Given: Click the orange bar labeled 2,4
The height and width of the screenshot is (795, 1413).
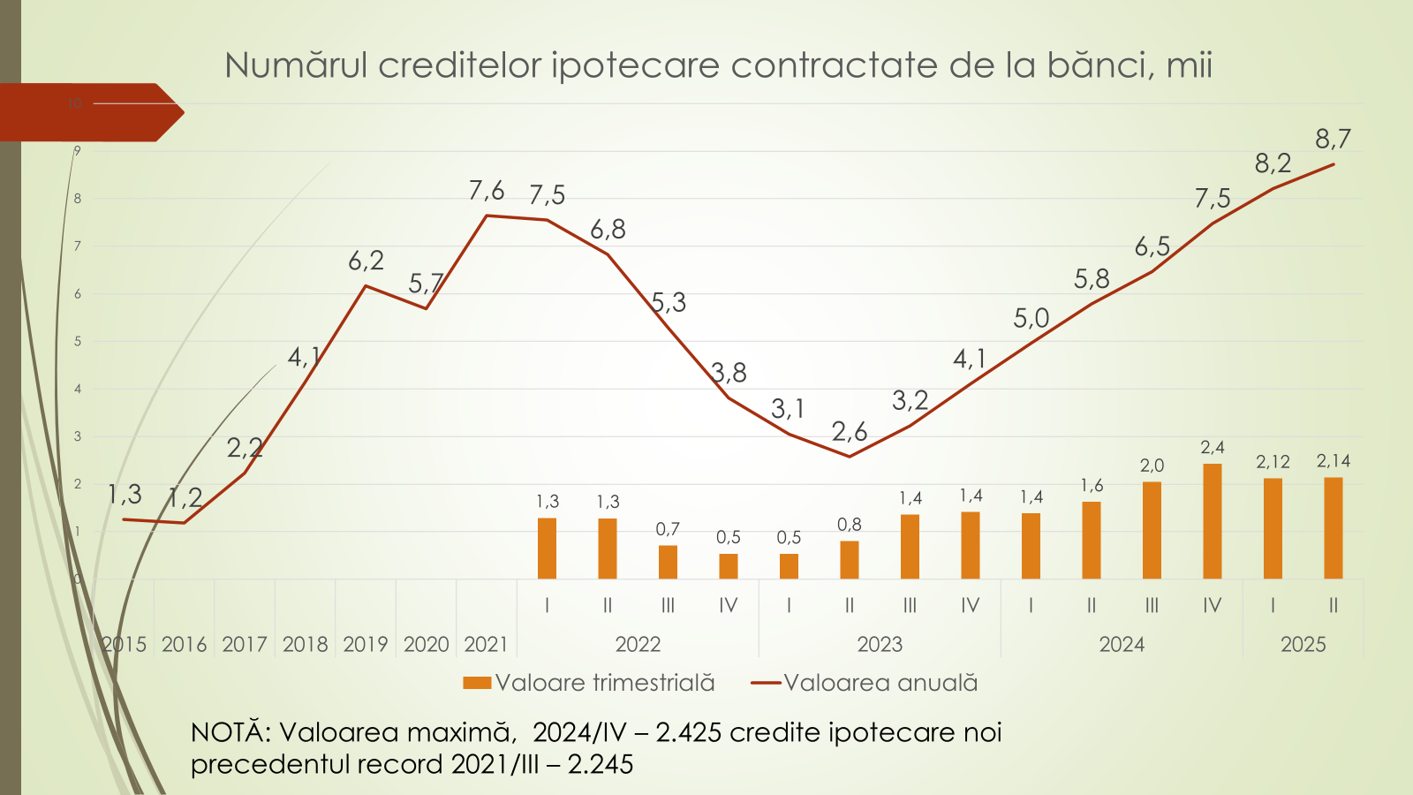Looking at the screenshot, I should click(x=1213, y=521).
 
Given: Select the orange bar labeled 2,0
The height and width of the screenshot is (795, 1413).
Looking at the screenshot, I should click(x=1152, y=530).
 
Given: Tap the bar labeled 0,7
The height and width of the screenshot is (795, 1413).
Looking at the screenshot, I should click(x=668, y=562).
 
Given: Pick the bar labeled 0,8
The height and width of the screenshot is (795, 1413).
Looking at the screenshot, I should click(x=849, y=559).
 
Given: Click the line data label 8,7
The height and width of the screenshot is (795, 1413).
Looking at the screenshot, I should click(x=1333, y=139).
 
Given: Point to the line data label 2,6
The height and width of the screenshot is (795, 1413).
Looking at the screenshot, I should click(x=850, y=432).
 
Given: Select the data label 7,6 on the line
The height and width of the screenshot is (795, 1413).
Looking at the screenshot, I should click(x=487, y=191).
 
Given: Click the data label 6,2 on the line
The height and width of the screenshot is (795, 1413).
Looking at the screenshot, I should click(x=366, y=261).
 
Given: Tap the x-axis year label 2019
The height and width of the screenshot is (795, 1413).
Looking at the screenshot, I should click(x=366, y=645).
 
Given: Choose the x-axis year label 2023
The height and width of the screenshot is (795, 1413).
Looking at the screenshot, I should click(x=880, y=645).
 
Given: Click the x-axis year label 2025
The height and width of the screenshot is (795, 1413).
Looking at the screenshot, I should click(x=1303, y=645).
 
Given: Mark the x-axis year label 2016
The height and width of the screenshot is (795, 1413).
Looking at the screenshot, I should click(x=184, y=645).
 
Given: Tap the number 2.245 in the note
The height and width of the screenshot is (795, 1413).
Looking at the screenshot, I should click(x=601, y=764).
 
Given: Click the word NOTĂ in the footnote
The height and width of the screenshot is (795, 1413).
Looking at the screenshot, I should click(x=228, y=732).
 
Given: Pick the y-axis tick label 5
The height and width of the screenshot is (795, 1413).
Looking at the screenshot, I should click(x=78, y=341).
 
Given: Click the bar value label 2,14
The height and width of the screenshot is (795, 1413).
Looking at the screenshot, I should click(x=1333, y=461).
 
